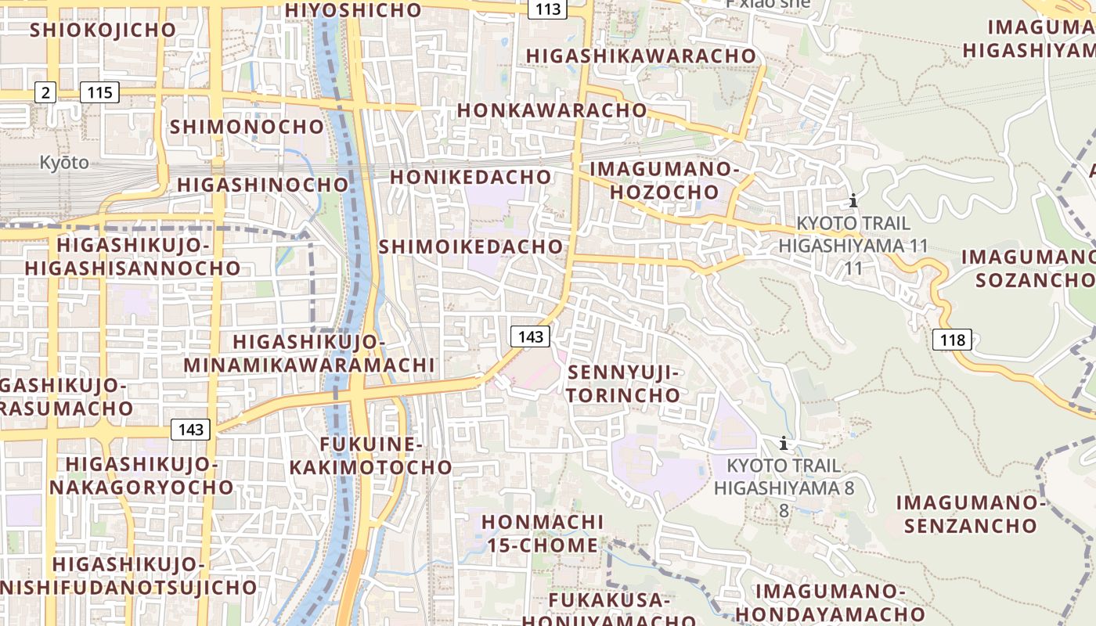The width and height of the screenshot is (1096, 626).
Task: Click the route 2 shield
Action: point(45,93)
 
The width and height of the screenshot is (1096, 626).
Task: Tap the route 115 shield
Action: point(99,93)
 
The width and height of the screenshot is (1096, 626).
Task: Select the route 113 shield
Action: point(548,9)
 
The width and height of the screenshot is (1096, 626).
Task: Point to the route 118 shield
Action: point(952,340)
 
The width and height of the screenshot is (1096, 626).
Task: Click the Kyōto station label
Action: point(64,164)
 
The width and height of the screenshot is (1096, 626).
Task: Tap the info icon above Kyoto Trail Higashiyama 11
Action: point(853,200)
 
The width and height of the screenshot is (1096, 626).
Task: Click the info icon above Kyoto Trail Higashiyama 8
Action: point(783,444)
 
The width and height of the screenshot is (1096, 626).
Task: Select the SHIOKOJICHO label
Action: point(103,30)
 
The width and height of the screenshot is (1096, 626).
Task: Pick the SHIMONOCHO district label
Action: point(247,127)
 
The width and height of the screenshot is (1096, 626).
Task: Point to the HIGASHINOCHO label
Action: point(262,185)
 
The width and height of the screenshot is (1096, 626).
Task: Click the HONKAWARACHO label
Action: point(552,110)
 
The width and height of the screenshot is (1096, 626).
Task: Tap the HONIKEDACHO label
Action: point(470,178)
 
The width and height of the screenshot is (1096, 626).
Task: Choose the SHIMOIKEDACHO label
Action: point(470,247)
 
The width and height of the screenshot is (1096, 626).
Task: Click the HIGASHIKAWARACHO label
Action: point(641,56)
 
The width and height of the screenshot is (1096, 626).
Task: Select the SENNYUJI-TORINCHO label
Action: point(624,383)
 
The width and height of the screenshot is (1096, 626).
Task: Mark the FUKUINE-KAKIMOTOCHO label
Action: point(371,456)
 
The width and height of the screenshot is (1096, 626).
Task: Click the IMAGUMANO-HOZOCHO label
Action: point(665,180)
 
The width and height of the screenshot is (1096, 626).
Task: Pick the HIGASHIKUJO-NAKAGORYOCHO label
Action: point(142,475)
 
